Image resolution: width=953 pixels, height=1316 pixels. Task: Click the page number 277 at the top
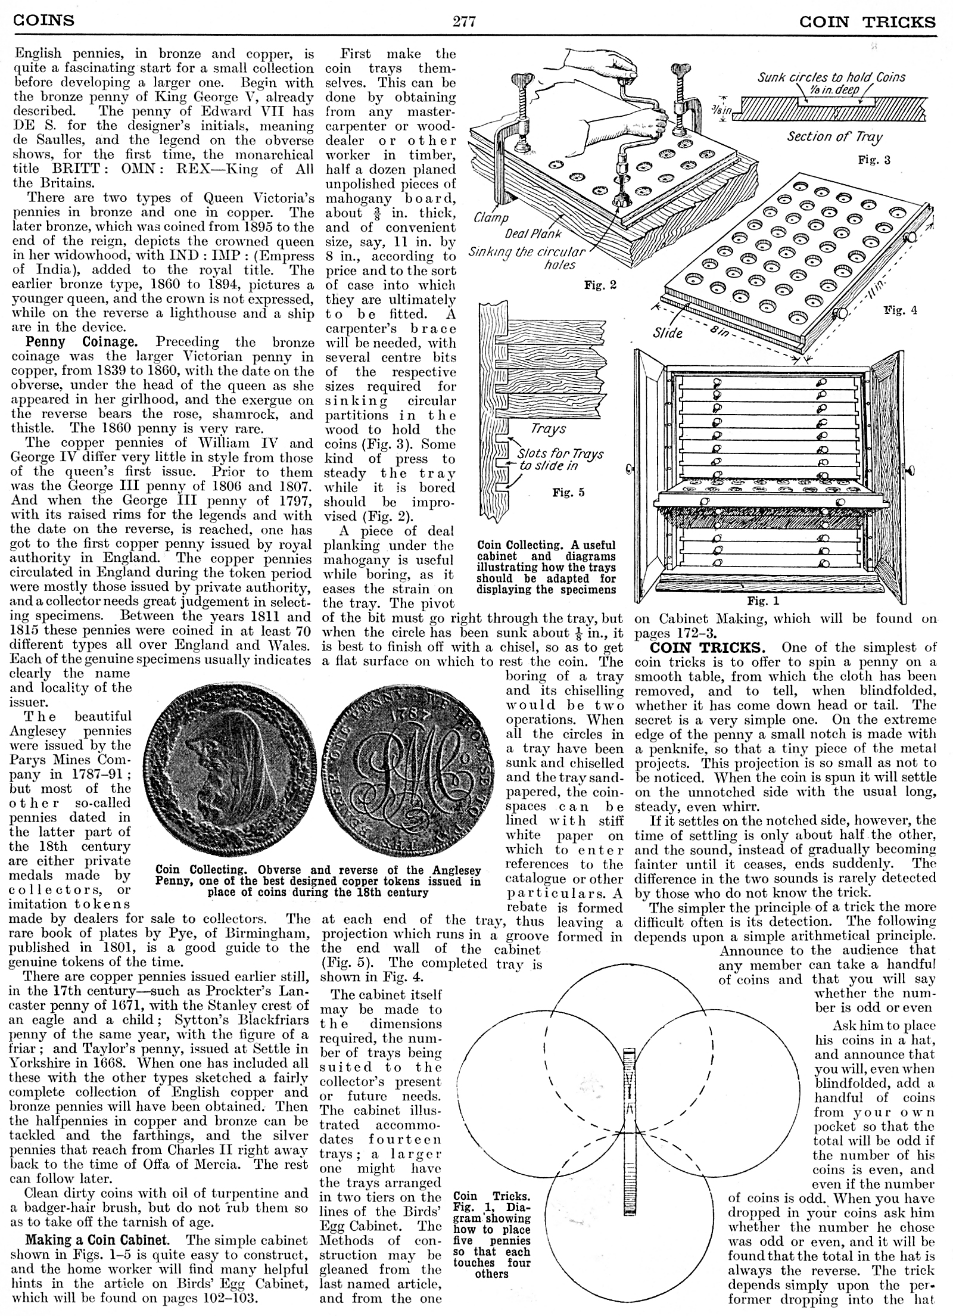[464, 21]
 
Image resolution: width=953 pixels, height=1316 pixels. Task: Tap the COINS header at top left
[44, 20]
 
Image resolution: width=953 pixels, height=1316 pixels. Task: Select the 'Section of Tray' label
[834, 137]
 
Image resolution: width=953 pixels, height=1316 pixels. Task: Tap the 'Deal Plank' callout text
[533, 234]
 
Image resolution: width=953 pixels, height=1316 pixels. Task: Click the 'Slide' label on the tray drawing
[667, 333]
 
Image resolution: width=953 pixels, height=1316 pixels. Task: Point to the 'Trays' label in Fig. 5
[548, 429]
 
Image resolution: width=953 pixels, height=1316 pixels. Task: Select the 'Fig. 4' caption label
[900, 310]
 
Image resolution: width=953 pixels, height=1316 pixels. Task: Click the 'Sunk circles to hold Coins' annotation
[831, 77]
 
